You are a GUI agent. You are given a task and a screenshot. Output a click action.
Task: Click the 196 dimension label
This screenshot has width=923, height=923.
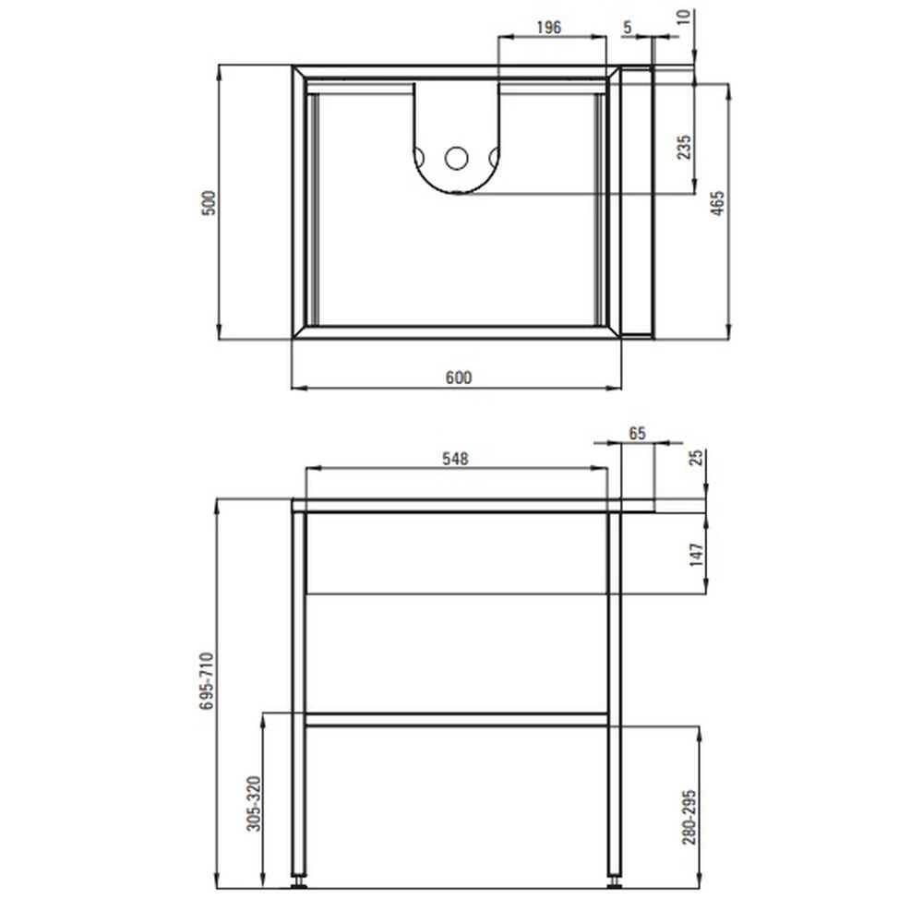coord(548,27)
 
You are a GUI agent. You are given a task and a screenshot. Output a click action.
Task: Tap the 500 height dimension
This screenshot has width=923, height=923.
coord(209,203)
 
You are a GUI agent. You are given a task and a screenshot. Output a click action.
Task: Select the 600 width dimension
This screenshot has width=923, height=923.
coord(458,378)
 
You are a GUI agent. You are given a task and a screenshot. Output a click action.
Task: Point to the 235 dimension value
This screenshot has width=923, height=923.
coord(684,147)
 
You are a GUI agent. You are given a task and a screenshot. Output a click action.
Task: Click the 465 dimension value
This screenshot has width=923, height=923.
coord(717,203)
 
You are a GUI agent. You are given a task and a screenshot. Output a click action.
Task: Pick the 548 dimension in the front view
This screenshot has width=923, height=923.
coord(456,459)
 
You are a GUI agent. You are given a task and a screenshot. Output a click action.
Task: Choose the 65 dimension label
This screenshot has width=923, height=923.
coord(638,433)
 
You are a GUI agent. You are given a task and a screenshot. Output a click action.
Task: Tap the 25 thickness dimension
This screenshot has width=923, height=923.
coord(697,458)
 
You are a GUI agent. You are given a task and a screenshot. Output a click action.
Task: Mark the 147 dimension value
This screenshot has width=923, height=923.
coord(697,555)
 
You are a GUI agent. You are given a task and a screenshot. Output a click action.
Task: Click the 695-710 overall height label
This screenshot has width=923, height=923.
coord(206,680)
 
